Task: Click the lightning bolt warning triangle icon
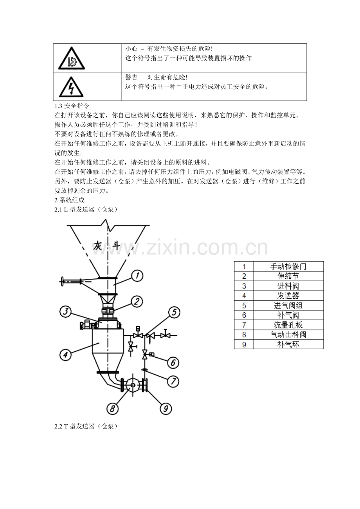(x=71, y=87)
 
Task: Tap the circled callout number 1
(x=137, y=276)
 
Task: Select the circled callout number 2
(x=137, y=301)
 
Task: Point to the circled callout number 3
(x=65, y=311)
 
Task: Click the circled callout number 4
(x=65, y=355)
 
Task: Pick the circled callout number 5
(x=174, y=312)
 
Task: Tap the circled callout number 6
(x=173, y=363)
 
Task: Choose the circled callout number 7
(x=173, y=381)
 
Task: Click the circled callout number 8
(x=113, y=409)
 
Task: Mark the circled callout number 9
(x=166, y=409)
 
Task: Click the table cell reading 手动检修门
(x=288, y=266)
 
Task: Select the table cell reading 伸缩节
(x=288, y=276)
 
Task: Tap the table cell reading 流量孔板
(x=288, y=325)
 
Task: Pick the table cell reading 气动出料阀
(x=288, y=335)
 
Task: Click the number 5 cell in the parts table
(x=244, y=305)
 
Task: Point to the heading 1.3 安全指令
(x=72, y=106)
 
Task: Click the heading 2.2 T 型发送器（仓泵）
(x=86, y=426)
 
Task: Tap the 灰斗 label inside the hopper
(x=106, y=246)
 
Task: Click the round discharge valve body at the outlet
(x=133, y=385)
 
